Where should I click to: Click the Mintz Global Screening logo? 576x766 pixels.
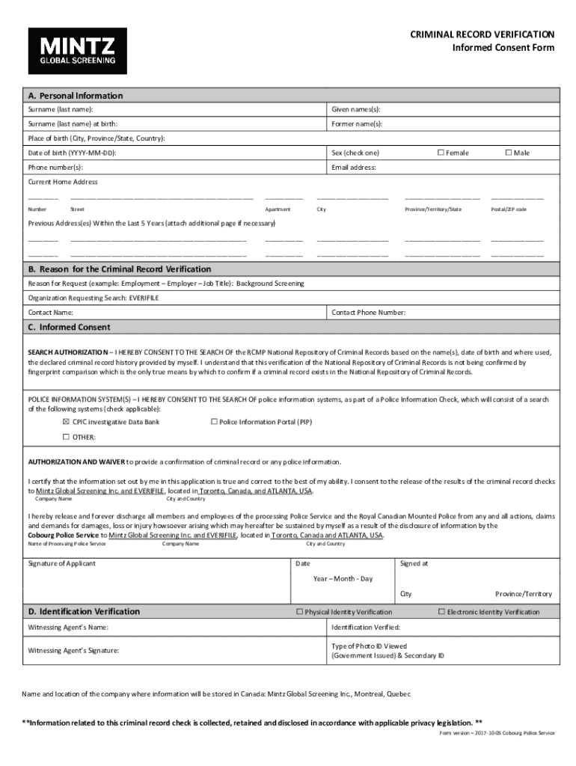click(x=78, y=51)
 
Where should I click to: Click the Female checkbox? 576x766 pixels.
click(x=441, y=153)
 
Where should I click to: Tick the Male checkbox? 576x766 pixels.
click(x=508, y=153)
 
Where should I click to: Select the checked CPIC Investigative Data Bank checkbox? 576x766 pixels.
click(x=66, y=422)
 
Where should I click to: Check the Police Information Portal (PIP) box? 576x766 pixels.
click(x=214, y=422)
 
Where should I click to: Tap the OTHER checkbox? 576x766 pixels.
click(x=66, y=437)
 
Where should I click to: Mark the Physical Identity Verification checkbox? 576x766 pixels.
click(x=299, y=612)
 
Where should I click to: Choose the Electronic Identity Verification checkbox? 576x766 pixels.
click(x=441, y=612)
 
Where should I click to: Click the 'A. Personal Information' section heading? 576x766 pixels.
click(x=75, y=96)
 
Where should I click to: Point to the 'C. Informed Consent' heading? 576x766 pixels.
click(x=69, y=327)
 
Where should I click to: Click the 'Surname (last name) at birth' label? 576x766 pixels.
click(x=73, y=124)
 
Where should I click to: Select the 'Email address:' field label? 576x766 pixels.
click(x=354, y=168)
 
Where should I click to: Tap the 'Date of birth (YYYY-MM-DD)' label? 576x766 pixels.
click(x=72, y=153)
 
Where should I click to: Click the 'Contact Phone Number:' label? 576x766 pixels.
click(x=368, y=312)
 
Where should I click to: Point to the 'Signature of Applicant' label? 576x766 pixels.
click(x=61, y=563)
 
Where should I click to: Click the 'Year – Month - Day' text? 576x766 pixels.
click(x=343, y=579)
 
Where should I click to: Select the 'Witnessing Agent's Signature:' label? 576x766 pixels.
click(x=73, y=651)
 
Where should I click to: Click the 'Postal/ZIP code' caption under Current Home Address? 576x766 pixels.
click(x=509, y=209)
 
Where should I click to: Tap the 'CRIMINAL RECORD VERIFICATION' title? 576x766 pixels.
click(x=482, y=34)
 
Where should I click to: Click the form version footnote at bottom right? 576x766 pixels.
click(x=497, y=733)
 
